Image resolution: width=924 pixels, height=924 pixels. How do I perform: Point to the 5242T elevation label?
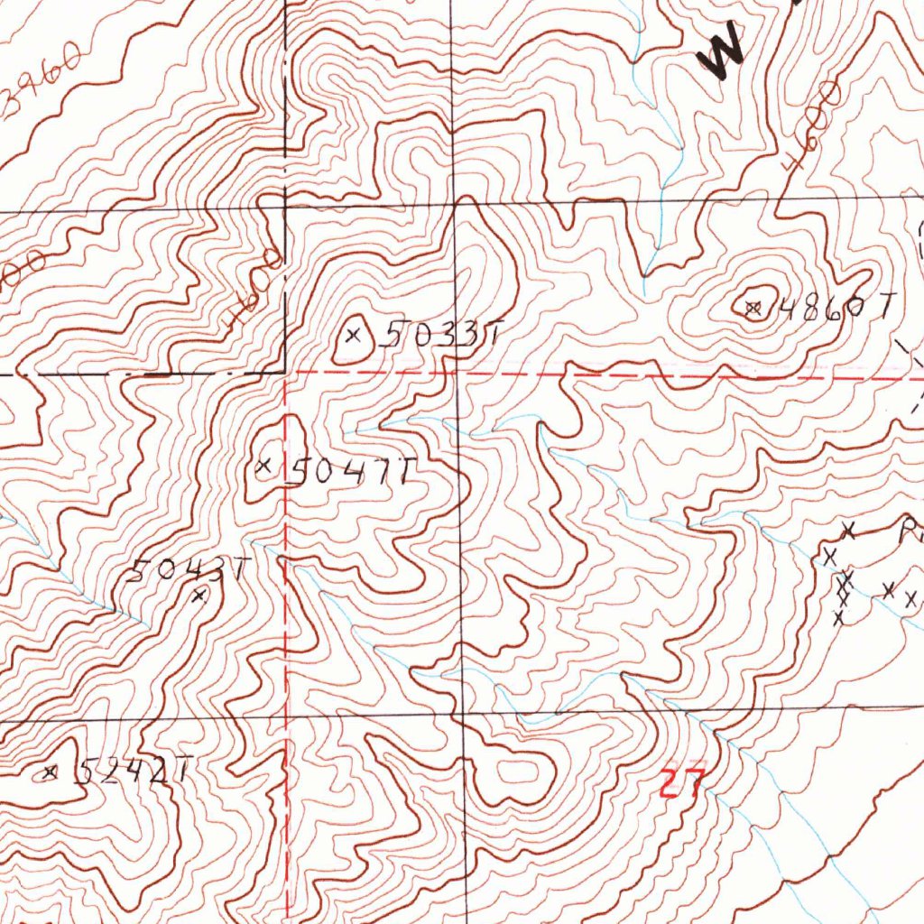pos(132,771)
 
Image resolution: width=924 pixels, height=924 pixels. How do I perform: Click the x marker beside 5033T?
pos(354,336)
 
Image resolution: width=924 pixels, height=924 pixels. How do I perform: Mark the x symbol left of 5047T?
pos(263,467)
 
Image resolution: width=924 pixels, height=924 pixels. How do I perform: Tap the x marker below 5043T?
pos(201,594)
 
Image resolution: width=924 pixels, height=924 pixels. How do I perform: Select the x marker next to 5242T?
pos(51,772)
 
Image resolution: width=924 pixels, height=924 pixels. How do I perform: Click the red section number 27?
pos(680,781)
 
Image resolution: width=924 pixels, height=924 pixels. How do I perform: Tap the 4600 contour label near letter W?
pos(810,125)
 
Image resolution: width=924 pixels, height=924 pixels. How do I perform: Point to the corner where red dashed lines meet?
pos(287,372)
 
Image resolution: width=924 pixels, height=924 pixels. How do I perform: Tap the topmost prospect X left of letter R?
pos(847,528)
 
